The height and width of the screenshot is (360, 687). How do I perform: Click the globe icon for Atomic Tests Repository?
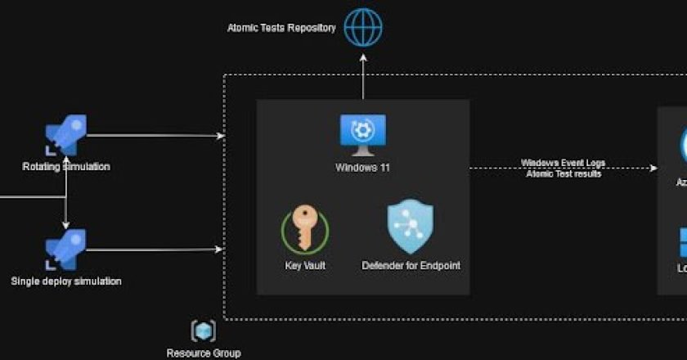(362, 27)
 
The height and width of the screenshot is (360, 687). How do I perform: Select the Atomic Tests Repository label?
(281, 28)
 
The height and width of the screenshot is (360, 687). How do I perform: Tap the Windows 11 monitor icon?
(362, 134)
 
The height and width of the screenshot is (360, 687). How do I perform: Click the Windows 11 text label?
(362, 168)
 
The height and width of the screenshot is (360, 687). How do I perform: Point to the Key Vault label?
(304, 266)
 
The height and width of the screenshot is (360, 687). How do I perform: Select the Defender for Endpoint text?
(410, 266)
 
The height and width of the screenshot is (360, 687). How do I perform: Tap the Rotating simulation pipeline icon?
(66, 135)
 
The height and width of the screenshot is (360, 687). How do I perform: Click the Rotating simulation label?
(66, 167)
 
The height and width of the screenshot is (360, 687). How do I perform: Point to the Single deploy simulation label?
(66, 281)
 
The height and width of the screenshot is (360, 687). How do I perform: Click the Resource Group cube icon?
(204, 331)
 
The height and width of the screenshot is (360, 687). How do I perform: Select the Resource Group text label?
(204, 353)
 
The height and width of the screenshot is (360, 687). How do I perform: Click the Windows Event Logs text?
(564, 163)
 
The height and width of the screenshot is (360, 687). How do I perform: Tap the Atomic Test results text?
(564, 174)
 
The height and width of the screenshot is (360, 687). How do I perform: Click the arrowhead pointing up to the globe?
(362, 57)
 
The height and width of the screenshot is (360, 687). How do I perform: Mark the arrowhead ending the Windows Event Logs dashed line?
(653, 169)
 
